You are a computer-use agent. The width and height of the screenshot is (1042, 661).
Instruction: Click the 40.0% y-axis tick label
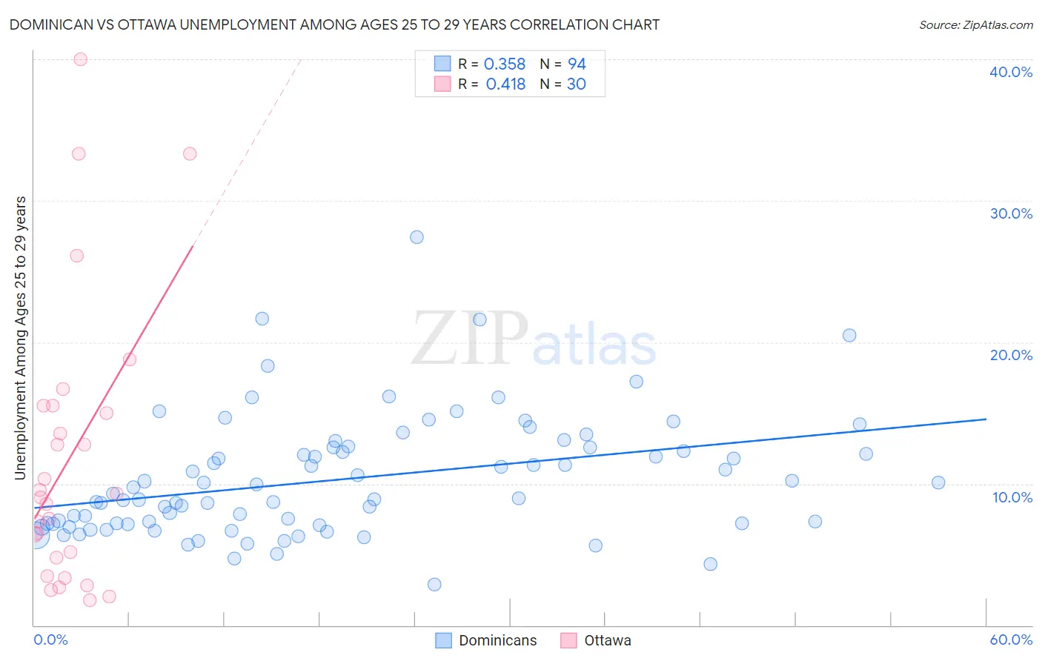(x=1011, y=72)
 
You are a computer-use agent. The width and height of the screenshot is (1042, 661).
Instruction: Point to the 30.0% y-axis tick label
(x=1011, y=213)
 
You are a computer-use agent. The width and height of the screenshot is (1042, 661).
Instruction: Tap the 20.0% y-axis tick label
(x=1011, y=355)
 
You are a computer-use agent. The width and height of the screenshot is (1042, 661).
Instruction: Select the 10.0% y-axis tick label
(x=1012, y=497)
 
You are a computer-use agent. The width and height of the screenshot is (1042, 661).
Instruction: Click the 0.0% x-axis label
(x=50, y=640)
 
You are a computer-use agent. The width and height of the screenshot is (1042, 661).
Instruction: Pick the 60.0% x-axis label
(x=1011, y=640)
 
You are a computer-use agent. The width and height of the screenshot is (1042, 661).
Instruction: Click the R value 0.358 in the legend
(x=505, y=64)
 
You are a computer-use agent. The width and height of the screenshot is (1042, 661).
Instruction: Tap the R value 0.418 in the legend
(x=505, y=84)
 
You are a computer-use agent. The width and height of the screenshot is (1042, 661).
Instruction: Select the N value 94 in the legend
(x=577, y=64)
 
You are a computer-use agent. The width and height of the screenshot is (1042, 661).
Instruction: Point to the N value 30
(x=576, y=84)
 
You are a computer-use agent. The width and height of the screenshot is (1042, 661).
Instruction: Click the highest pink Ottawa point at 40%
(x=81, y=59)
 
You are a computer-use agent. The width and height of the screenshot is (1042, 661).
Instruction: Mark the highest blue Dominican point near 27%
(x=417, y=237)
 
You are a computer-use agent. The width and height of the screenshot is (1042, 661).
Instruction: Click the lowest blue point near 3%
(x=434, y=585)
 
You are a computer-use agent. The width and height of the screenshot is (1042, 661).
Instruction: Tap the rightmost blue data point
(x=938, y=482)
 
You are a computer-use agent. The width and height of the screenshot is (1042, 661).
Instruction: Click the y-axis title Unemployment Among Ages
(x=20, y=338)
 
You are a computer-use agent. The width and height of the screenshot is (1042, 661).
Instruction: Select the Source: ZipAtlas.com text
(x=975, y=25)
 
